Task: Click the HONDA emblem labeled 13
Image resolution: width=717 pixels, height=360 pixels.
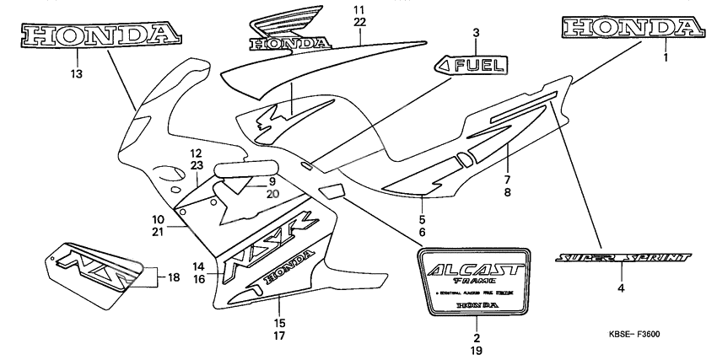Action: [x=102, y=34]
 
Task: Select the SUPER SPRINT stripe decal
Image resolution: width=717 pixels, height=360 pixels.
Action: [x=623, y=256]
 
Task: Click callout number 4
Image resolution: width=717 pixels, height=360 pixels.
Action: [x=621, y=287]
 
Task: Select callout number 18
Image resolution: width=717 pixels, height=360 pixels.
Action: [x=173, y=277]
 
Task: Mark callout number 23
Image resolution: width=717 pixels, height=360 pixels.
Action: [x=196, y=166]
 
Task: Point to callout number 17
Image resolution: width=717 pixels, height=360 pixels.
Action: [x=279, y=336]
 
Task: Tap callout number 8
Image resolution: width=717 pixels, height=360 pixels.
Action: [x=508, y=192]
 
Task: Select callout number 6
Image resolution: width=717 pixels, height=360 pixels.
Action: [x=421, y=232]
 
